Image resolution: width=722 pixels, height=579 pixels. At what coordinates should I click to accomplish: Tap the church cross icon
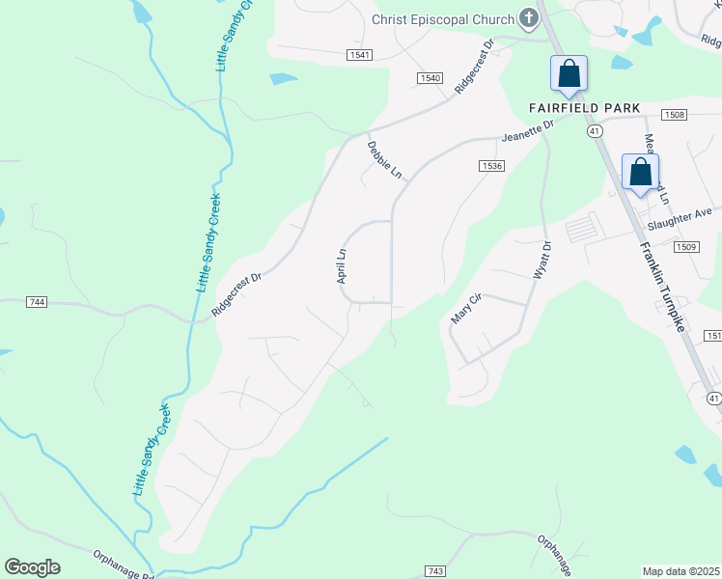point(528,17)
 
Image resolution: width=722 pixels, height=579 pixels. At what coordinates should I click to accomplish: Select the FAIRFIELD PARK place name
point(584,107)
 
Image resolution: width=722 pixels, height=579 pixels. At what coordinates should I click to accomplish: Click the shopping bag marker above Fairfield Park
point(569,73)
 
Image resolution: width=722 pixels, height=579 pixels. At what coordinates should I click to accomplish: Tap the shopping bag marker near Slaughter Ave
point(640,173)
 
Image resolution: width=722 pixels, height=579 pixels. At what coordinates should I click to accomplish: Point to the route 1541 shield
point(360,55)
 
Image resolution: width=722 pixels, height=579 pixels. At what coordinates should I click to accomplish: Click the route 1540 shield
point(430,77)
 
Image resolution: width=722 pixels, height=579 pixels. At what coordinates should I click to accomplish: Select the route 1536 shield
point(490,166)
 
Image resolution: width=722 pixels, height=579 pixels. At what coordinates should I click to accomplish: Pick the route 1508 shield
point(675,115)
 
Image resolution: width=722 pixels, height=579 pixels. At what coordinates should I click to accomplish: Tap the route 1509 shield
point(686,247)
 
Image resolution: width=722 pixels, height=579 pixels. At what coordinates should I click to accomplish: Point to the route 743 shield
point(434,572)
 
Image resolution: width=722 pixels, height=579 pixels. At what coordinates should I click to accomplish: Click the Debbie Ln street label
point(384,160)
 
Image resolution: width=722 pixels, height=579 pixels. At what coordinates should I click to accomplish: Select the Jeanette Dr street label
point(528,130)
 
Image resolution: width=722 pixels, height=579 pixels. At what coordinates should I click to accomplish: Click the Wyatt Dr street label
point(541,260)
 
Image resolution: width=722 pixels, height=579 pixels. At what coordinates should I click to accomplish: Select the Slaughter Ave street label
point(680,219)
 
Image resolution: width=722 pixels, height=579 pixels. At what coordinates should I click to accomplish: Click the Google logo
point(32,567)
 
